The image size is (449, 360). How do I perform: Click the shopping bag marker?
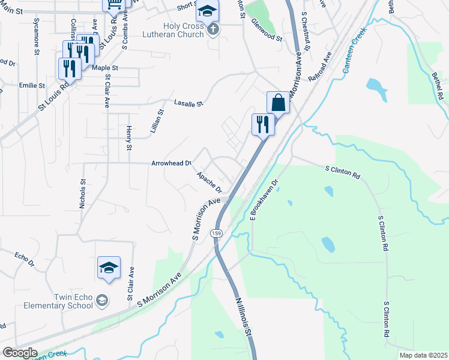pos(279,103)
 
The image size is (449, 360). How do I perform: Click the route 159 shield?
pos(215,232)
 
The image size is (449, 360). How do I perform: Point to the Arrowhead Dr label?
pos(171,163)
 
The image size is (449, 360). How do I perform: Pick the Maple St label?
pos(105,68)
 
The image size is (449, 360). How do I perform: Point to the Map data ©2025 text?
pos(423,355)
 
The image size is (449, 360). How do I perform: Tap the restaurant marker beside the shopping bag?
pos(262,125)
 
